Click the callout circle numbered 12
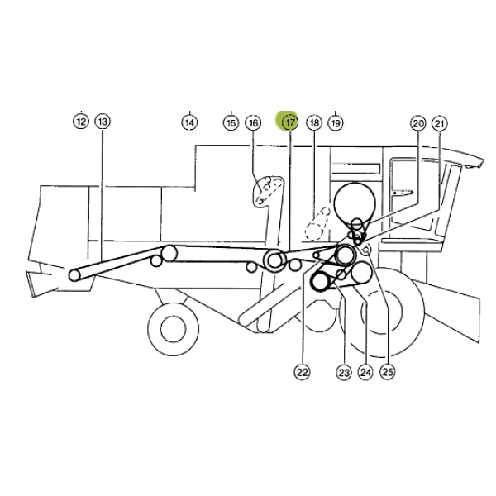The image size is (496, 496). pos(81,122)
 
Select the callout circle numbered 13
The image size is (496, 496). pos(103,122)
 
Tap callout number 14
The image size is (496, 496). pos(189,122)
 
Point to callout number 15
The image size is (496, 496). pos(231,122)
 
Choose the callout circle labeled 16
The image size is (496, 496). pos(253,122)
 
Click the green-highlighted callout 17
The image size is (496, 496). pos(290,122)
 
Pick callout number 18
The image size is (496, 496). pos(314,122)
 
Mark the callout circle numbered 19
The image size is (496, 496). pos(336,122)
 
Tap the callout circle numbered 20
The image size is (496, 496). pos(418,123)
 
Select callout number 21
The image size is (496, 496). pos(440,124)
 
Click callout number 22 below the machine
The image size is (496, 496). pos(302,372)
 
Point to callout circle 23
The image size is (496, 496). pos(344,372)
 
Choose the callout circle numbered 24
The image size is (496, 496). pos(365,372)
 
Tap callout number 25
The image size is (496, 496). pos(388,372)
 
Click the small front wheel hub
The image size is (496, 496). pos(173,329)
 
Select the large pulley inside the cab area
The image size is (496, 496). pos(355,203)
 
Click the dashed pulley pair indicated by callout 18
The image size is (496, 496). pos(317,224)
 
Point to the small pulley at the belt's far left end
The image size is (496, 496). pos(74,275)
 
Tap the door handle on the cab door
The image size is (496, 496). pos(403,193)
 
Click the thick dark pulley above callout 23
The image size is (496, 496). pos(321,281)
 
